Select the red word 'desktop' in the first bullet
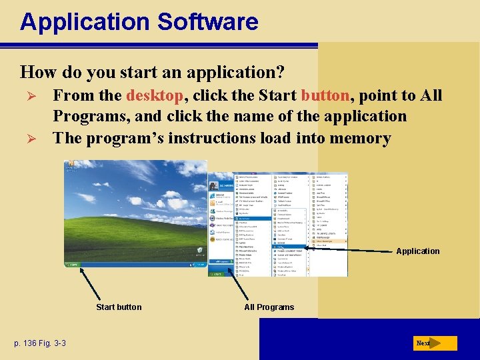pos(155,95)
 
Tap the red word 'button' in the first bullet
pos(325,95)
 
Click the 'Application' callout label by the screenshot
pos(417,251)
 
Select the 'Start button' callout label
pos(119,307)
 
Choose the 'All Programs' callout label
pos(269,307)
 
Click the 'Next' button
pos(424,343)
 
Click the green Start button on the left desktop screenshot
pos(71,263)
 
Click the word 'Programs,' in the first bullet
pos(83,117)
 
